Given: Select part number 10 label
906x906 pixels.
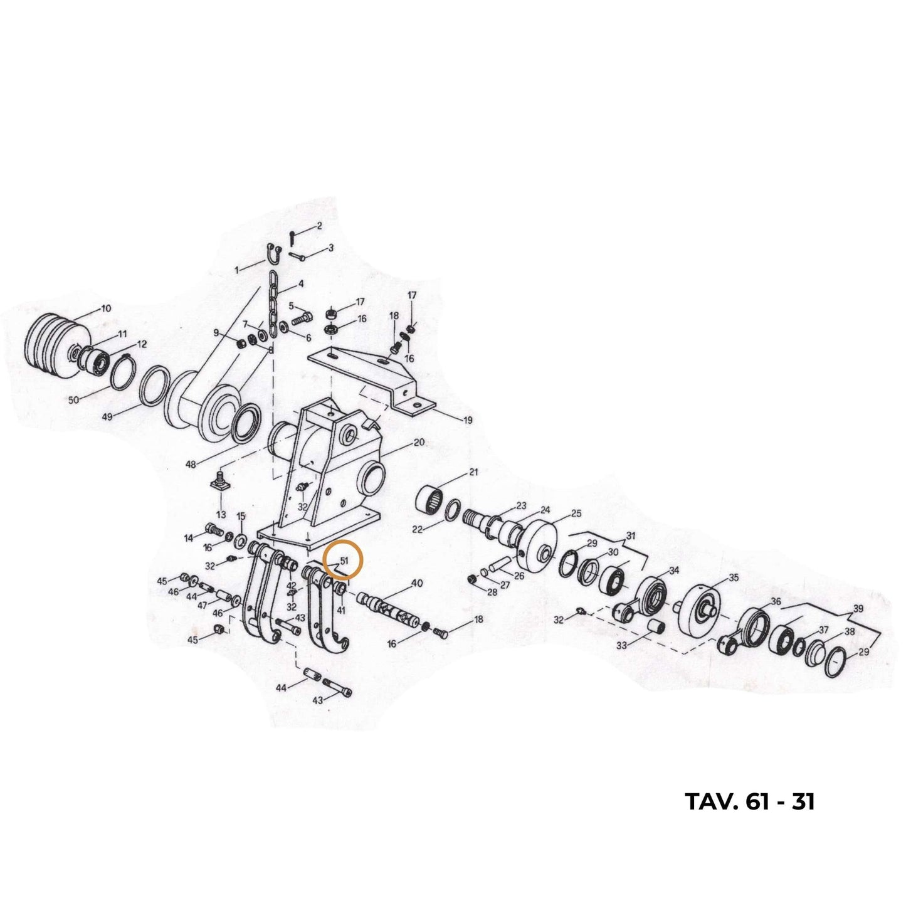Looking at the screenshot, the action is coord(106,309).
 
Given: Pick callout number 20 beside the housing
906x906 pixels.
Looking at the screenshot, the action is coord(418,443).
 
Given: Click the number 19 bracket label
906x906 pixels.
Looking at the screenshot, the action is coord(467,420).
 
